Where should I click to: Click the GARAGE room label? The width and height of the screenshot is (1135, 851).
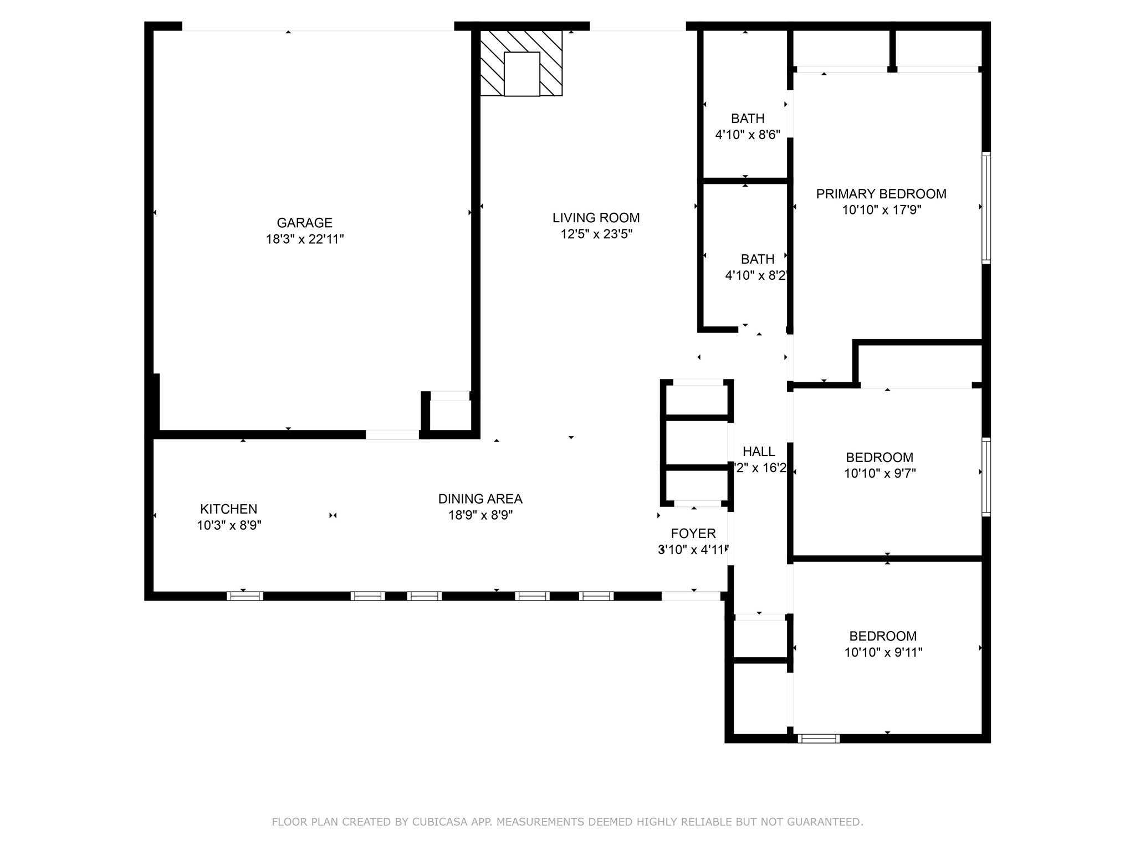(304, 223)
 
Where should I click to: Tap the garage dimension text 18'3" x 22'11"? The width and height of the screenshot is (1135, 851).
(304, 239)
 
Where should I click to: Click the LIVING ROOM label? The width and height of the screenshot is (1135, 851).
(596, 218)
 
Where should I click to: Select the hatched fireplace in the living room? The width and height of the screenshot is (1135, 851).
(522, 63)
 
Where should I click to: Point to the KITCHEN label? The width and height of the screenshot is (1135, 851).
(228, 509)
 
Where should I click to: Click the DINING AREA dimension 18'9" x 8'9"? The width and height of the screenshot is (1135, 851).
(480, 515)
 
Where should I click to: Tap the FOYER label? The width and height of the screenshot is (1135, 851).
(693, 534)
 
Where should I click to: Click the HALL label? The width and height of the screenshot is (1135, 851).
(759, 452)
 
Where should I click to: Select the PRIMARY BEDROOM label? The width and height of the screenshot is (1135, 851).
(881, 194)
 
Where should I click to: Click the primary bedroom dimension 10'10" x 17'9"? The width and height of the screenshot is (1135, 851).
(881, 210)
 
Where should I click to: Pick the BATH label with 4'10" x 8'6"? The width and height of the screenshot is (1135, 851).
(747, 118)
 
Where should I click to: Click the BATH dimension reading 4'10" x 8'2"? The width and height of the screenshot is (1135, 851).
(756, 275)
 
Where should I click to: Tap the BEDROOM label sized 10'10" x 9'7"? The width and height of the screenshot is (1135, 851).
(879, 458)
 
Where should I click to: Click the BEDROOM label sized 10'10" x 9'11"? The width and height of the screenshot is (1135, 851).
(882, 636)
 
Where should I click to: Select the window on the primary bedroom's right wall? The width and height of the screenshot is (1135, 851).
(986, 207)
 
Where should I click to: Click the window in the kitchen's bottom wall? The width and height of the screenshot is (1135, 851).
(244, 596)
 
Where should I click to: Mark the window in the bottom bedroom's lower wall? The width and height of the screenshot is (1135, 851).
(819, 738)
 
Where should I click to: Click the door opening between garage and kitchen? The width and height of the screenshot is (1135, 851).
(392, 435)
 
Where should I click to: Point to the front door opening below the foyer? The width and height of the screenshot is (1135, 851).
(691, 596)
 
